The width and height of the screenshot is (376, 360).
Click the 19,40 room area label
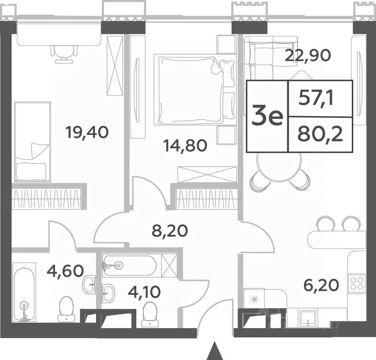(x=88, y=133)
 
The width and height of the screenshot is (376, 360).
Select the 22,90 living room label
(x=308, y=55)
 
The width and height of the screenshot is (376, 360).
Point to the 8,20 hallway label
(x=170, y=231)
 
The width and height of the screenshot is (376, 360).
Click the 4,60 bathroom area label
(x=65, y=271)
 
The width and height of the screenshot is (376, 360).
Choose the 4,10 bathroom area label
(x=144, y=292)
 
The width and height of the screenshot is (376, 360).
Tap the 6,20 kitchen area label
(x=321, y=285)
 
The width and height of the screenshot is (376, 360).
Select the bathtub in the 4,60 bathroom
(x=24, y=292)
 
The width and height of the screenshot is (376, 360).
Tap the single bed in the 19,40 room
(x=33, y=141)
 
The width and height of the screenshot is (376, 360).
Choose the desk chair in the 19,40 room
(x=65, y=54)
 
